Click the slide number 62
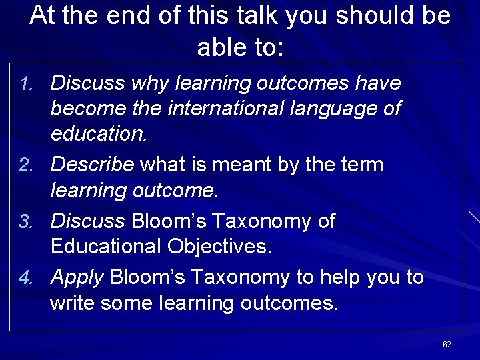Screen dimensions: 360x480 [x=447, y=344]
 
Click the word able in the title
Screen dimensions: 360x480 [x=220, y=47]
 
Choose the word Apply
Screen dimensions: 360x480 [x=78, y=277]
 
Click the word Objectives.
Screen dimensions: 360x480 [x=219, y=247]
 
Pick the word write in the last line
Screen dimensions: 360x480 [x=75, y=303]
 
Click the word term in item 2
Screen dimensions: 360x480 [x=361, y=165]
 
